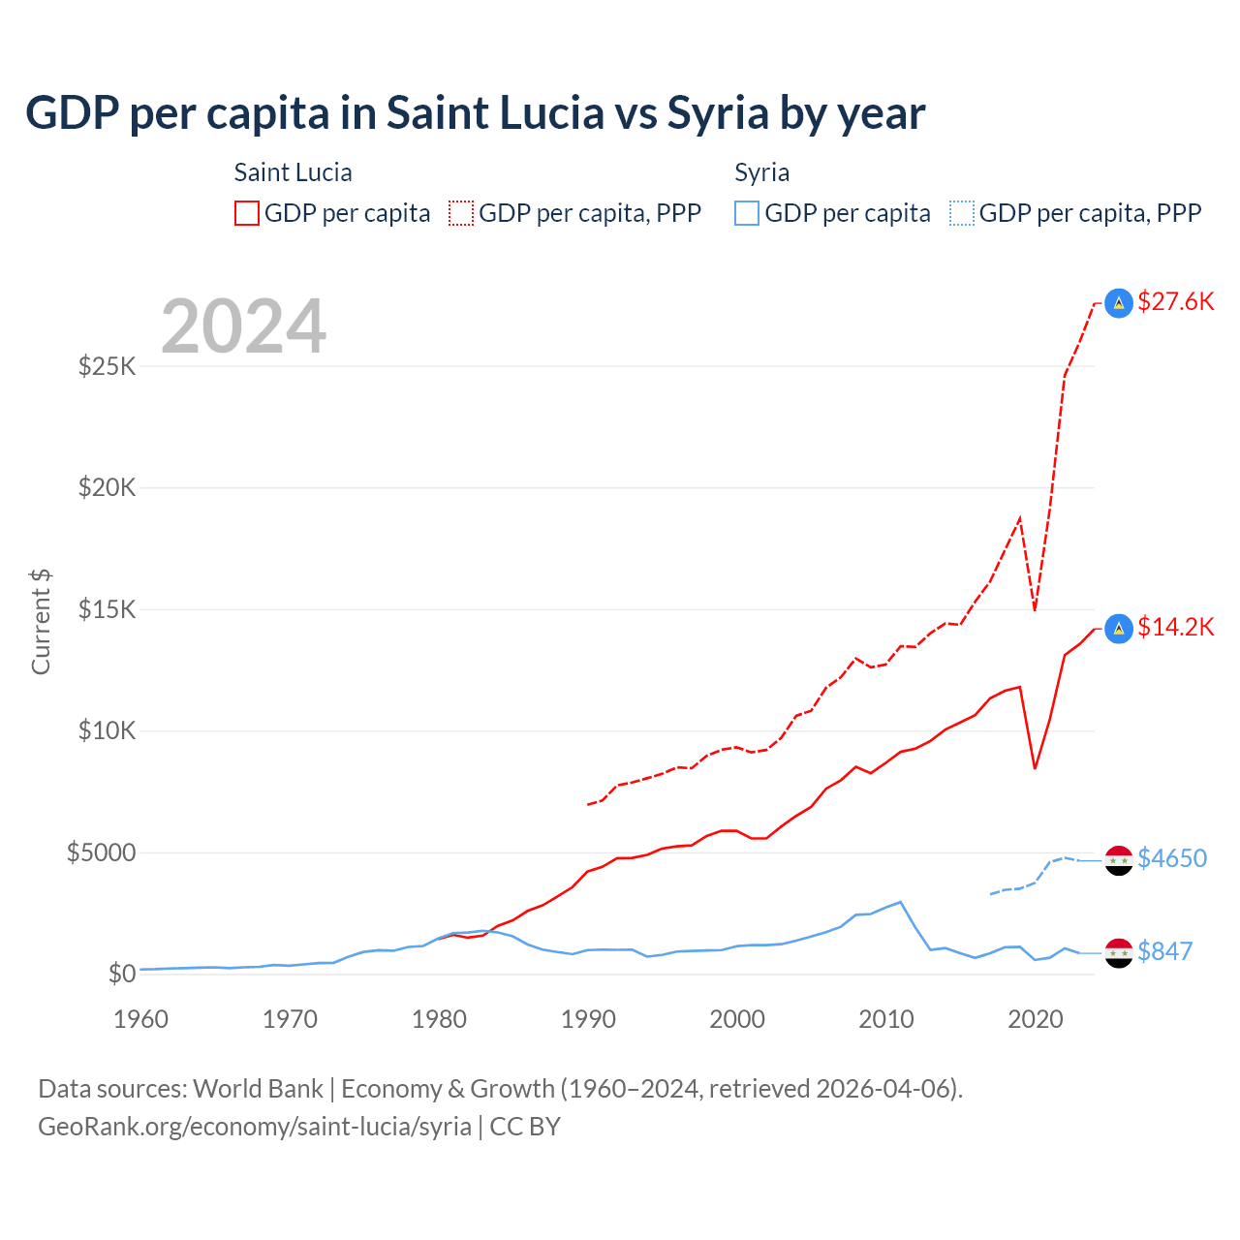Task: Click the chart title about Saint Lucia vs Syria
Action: pos(475,113)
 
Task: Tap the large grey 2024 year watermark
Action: pos(243,326)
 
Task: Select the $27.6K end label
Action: pos(1175,301)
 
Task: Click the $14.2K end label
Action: pos(1175,627)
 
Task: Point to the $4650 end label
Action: pos(1172,858)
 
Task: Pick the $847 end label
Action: pos(1164,951)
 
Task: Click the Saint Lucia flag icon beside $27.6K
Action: pos(1119,303)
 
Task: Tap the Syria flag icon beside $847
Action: pos(1119,952)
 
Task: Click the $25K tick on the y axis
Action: pos(108,366)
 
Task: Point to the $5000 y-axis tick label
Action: pos(101,852)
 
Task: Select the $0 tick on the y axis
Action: pos(121,974)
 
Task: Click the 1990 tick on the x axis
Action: pos(588,1019)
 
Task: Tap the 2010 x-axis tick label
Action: pos(886,1019)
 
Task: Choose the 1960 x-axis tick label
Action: pos(141,1019)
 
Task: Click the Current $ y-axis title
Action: pos(41,622)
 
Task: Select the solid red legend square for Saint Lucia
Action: pos(247,213)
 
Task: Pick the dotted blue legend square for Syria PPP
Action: pos(962,213)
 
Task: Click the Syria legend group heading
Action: pos(761,172)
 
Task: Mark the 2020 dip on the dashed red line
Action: pos(1035,609)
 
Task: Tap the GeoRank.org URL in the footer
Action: pos(255,1127)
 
